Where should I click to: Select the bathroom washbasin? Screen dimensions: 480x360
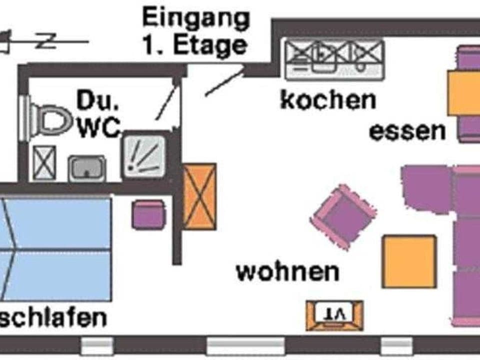point(87,168)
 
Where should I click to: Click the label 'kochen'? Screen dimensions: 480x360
point(327,100)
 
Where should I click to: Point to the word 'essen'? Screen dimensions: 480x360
point(407,131)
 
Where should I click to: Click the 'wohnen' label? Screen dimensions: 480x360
point(287,272)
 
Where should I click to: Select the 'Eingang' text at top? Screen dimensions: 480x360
point(195,19)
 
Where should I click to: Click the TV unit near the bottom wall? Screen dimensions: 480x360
point(334,315)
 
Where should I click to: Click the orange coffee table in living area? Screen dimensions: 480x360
point(409,261)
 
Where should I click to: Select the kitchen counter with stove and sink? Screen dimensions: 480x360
point(334,59)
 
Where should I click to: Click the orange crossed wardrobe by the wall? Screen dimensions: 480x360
point(199,196)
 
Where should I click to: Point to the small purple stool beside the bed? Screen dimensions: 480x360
point(148,214)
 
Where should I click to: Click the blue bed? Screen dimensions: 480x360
point(55,249)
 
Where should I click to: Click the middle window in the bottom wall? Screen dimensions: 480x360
point(245,345)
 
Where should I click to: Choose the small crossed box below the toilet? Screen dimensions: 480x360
point(41,163)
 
